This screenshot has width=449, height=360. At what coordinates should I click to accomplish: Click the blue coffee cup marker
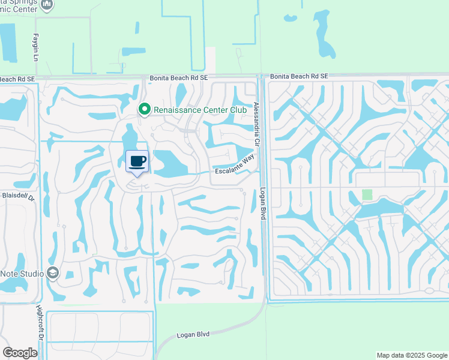[137, 161]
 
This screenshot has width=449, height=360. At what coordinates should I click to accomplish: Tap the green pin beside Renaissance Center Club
[144, 109]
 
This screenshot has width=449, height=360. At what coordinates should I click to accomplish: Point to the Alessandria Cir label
[257, 121]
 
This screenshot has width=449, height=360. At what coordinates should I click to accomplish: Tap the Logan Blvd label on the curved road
[193, 334]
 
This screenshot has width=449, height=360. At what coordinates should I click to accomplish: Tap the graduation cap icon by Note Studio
[52, 273]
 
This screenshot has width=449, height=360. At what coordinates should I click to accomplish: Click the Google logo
[20, 353]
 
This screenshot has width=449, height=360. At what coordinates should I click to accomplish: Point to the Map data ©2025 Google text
[411, 355]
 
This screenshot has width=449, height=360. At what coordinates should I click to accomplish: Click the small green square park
[367, 195]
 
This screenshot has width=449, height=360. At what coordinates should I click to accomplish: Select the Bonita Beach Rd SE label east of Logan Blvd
[299, 77]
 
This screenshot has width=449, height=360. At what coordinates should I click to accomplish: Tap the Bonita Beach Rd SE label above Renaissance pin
[178, 78]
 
